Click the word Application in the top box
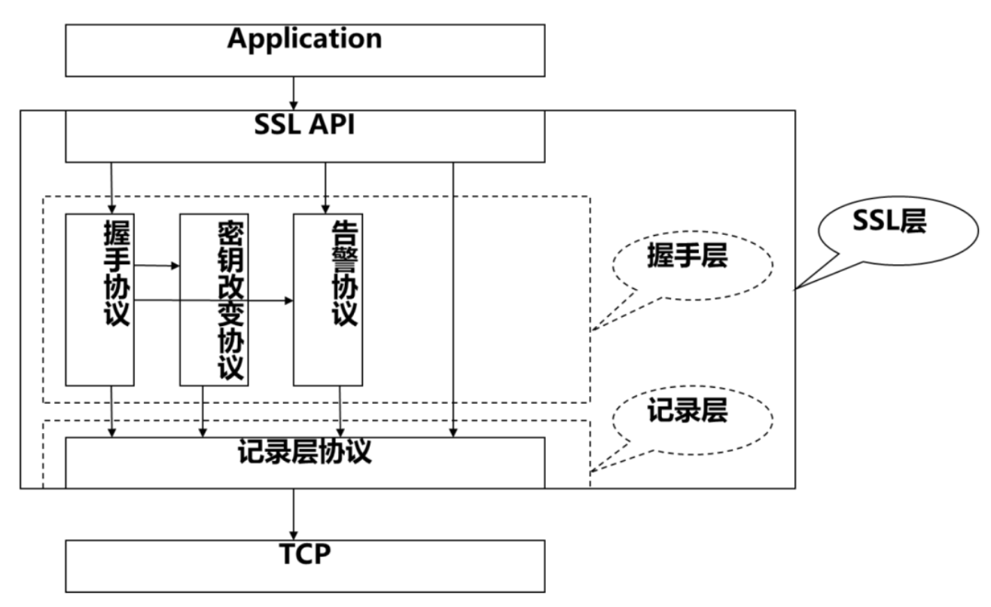coord(304,39)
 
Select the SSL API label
coord(304,125)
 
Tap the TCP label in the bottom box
coord(304,554)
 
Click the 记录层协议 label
coord(304,453)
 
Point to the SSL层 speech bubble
coord(889,221)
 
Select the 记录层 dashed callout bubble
coord(687,413)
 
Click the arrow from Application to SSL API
coord(294,93)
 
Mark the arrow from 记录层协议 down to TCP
coord(294,514)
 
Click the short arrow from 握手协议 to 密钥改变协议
coord(157,266)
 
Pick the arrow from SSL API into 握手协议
coord(111,188)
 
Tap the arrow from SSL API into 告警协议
coord(325,188)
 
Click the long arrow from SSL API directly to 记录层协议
coord(453,301)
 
